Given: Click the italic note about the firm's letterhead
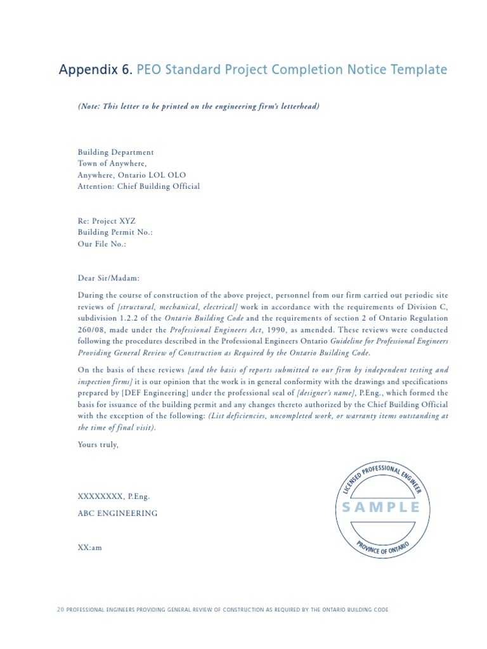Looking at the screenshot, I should pyautogui.click(x=198, y=106).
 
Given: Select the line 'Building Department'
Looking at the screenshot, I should pyautogui.click(x=115, y=152).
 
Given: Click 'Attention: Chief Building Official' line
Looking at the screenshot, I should pyautogui.click(x=138, y=186).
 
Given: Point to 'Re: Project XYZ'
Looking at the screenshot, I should pyautogui.click(x=107, y=221).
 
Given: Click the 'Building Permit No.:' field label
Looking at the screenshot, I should pyautogui.click(x=115, y=233).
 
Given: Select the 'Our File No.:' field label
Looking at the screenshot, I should pyautogui.click(x=101, y=244).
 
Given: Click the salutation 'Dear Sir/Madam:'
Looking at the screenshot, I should pyautogui.click(x=110, y=278).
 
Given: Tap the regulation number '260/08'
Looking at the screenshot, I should pyautogui.click(x=90, y=330).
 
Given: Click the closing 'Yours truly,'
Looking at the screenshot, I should pyautogui.click(x=98, y=444).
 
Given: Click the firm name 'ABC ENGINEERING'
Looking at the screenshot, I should pyautogui.click(x=117, y=513).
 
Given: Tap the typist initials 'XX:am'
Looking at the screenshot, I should pyautogui.click(x=89, y=548).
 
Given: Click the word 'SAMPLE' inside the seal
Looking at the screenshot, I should pyautogui.click(x=381, y=507).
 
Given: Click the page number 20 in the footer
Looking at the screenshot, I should pyautogui.click(x=60, y=610).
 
